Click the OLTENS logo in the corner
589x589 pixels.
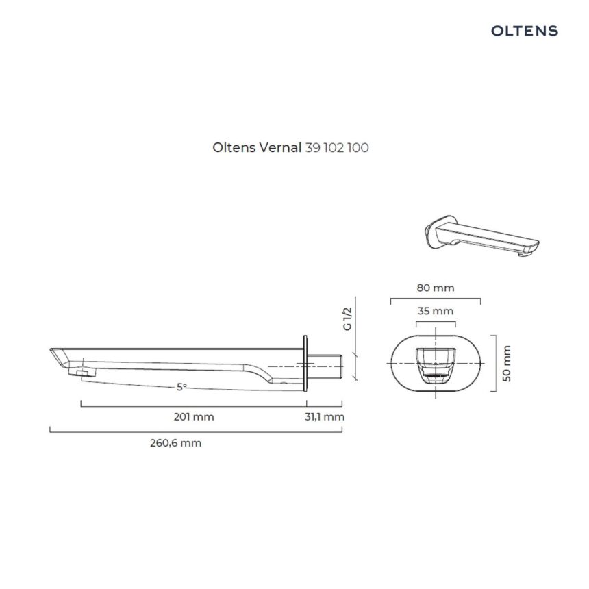click(525, 31)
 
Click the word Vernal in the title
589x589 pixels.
click(280, 147)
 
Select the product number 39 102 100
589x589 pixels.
click(336, 147)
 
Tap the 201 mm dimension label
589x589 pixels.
click(194, 417)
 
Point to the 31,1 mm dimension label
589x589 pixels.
click(325, 417)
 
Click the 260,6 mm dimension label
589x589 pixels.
click(176, 443)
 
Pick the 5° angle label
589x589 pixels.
click(181, 386)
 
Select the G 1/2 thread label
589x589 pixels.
click(347, 319)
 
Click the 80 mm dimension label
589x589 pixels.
click(436, 288)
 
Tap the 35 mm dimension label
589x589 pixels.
click(436, 311)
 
